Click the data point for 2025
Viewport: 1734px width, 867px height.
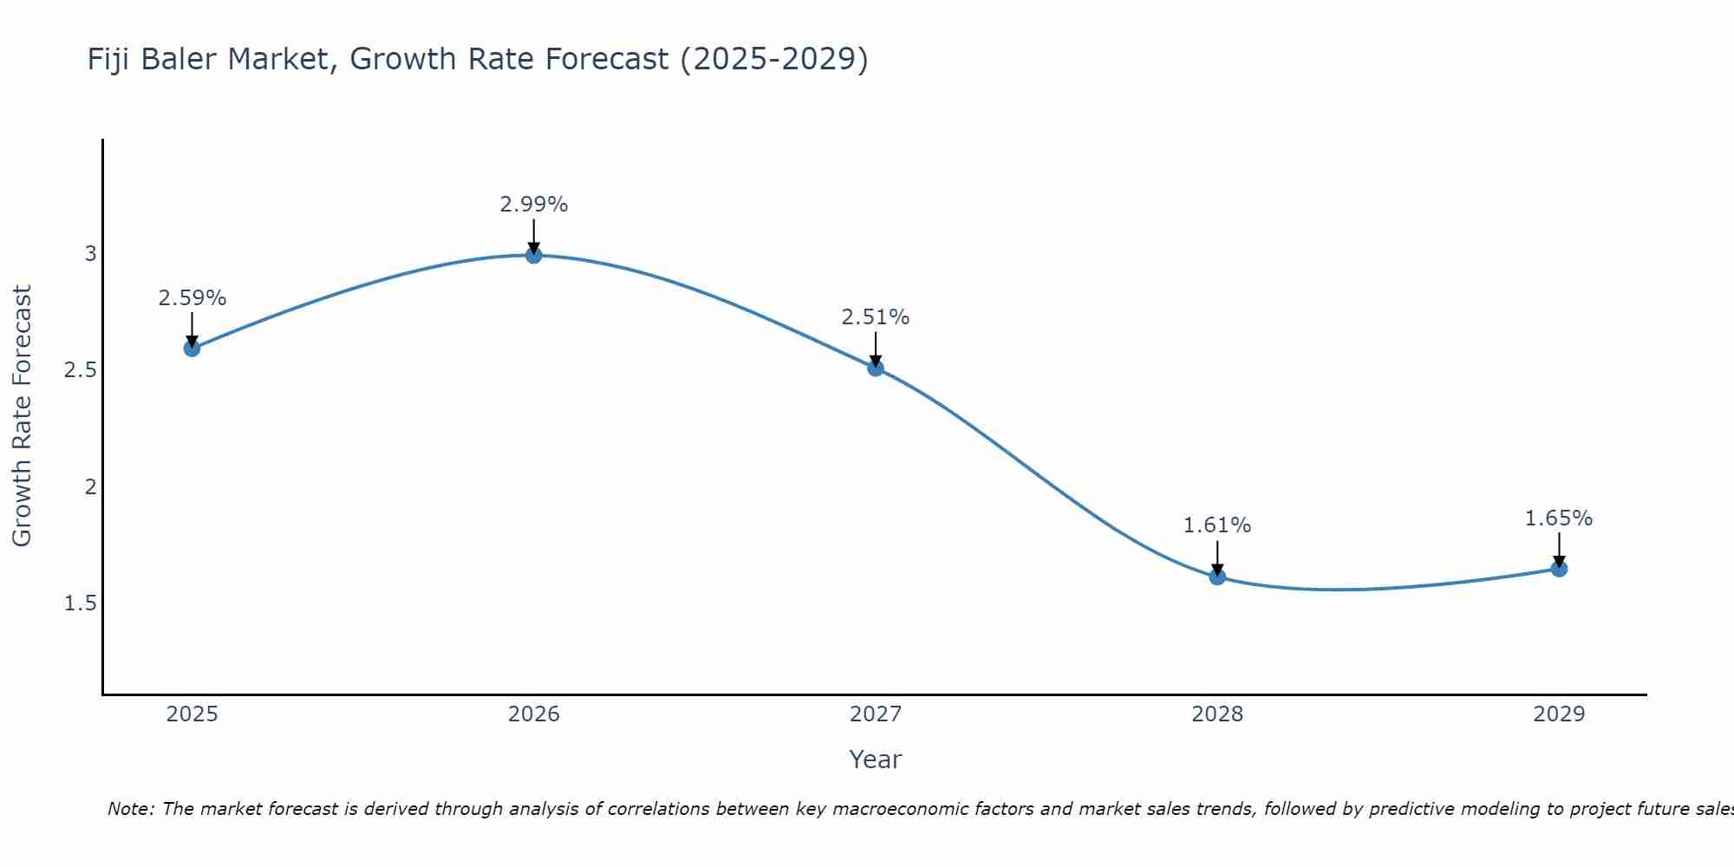click(x=192, y=349)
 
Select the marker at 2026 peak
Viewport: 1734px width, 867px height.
click(x=534, y=255)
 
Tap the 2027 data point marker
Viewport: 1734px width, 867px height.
click(x=876, y=368)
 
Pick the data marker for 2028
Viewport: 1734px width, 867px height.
click(x=1217, y=577)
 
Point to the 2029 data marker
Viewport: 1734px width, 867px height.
click(x=1559, y=569)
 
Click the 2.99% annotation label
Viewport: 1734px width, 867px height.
click(x=534, y=205)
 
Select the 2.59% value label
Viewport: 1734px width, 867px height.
click(x=192, y=298)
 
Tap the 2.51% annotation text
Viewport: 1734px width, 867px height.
click(x=876, y=317)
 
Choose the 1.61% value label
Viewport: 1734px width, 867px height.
click(x=1217, y=525)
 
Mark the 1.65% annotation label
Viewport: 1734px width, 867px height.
click(x=1559, y=518)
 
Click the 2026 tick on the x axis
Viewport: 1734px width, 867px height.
click(x=534, y=714)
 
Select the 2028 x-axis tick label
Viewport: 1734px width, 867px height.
click(x=1217, y=714)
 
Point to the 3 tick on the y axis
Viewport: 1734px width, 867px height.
click(x=90, y=254)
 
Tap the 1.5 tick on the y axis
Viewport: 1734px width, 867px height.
click(x=81, y=603)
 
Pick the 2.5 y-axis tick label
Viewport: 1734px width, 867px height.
click(x=81, y=370)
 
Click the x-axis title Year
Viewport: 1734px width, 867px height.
click(x=876, y=759)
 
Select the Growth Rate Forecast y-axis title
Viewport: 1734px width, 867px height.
click(x=22, y=416)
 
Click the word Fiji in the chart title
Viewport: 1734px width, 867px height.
click(x=109, y=59)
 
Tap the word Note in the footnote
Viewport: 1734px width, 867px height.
click(x=130, y=809)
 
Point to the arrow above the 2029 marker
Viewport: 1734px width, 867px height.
click(x=1559, y=549)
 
